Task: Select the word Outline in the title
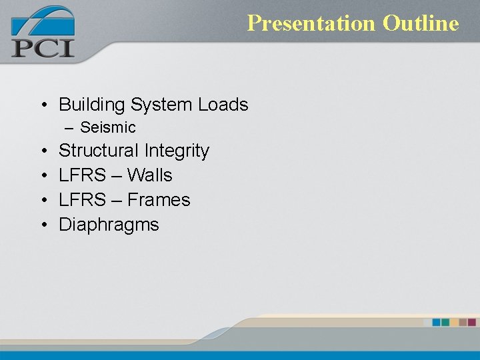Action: tap(421, 23)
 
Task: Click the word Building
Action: tap(92, 105)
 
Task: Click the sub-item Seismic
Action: tap(107, 127)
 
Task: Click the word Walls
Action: tap(150, 175)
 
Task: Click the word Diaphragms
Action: tap(109, 225)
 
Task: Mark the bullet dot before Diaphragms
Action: tap(43, 225)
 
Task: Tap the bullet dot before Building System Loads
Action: tap(43, 105)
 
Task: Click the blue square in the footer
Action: tap(437, 322)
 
